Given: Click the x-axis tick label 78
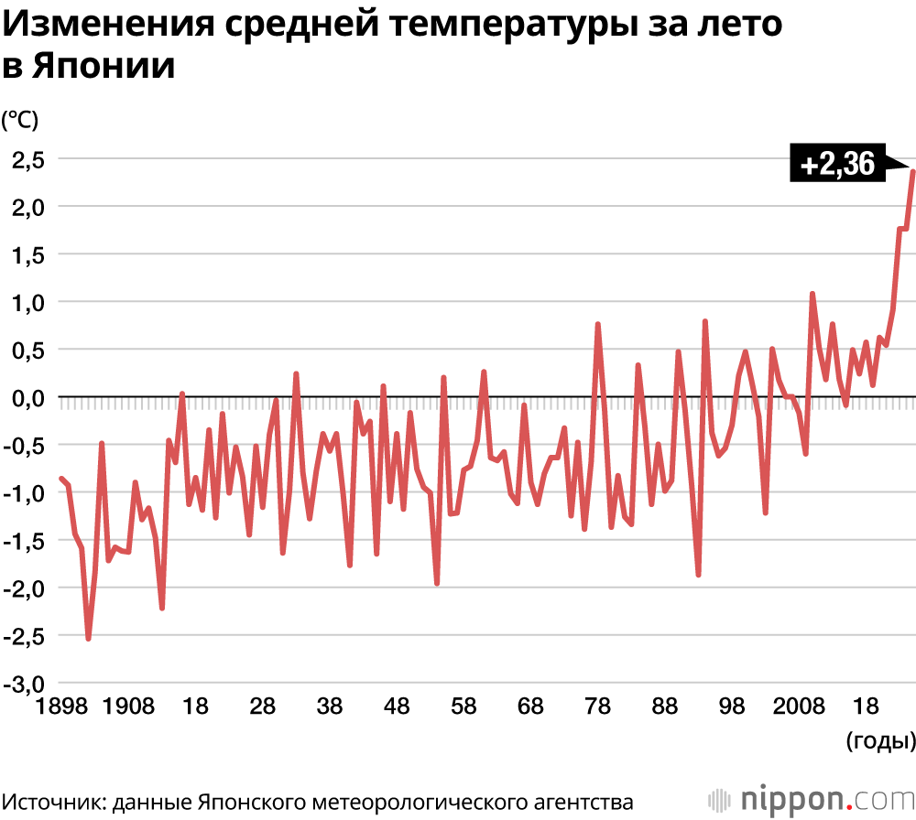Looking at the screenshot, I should [597, 707].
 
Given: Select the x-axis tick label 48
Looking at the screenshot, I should [396, 707].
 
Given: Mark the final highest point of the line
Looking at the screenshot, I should [913, 171].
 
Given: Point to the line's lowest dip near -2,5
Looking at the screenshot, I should [88, 638].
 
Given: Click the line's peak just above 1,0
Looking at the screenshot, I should [812, 294].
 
